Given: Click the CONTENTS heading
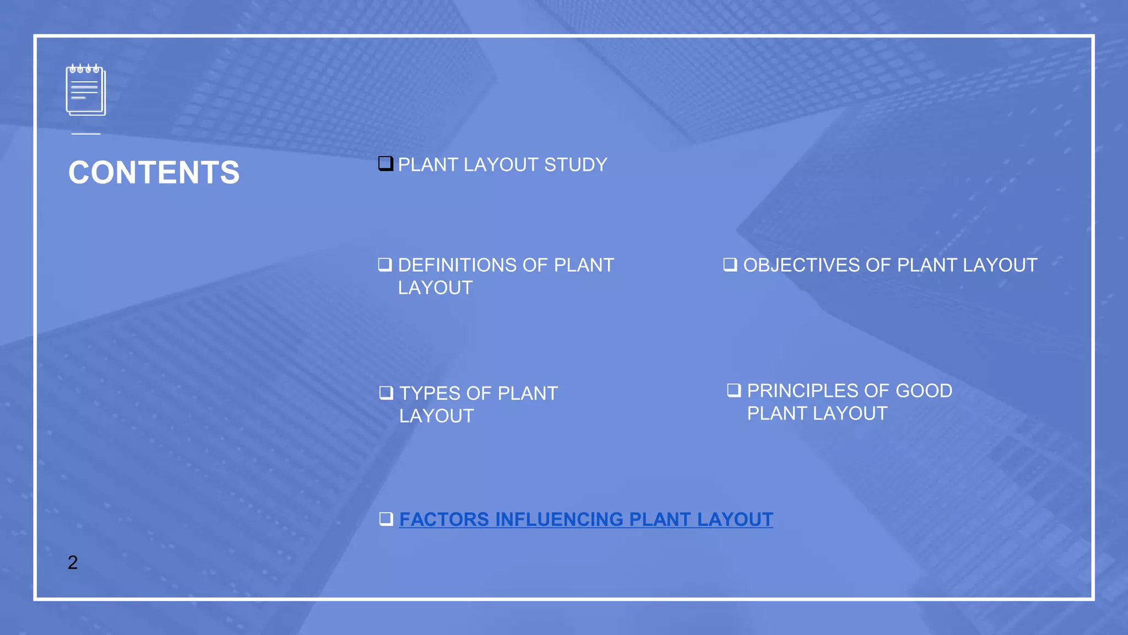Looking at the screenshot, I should [154, 173].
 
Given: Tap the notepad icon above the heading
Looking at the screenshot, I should [85, 92].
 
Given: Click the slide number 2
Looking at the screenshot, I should [73, 562].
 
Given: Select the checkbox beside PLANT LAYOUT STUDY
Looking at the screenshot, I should [386, 164].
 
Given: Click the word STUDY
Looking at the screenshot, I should [576, 165].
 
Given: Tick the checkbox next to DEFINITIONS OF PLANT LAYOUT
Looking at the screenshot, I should [385, 265].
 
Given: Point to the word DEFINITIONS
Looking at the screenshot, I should [455, 265].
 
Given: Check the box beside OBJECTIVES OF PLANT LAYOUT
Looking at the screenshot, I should [730, 265].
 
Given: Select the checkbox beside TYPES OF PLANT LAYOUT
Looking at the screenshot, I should [386, 392].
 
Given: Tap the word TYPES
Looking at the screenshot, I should [429, 394].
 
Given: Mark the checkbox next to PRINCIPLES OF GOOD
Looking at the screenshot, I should [734, 390].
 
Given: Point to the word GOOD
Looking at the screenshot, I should [924, 391].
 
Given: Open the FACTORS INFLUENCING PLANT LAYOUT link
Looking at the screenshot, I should [586, 519].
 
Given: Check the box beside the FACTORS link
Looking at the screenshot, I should [386, 519].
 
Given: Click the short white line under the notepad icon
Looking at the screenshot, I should [86, 134].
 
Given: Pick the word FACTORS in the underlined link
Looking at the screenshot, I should [444, 519].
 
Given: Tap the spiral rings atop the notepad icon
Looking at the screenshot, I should [84, 69].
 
